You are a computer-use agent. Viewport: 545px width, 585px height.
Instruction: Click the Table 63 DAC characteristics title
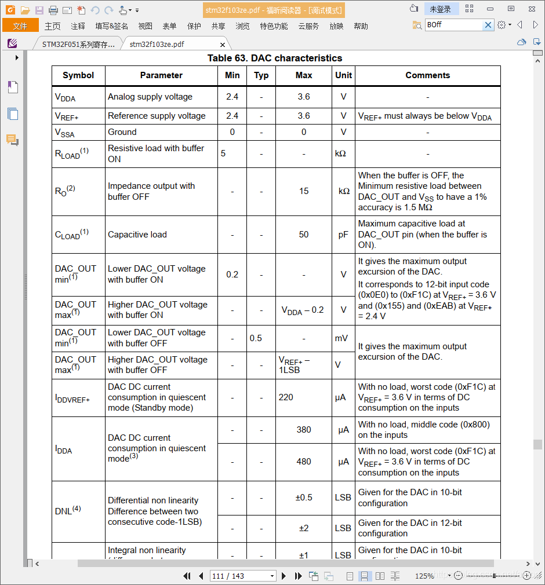coord(275,58)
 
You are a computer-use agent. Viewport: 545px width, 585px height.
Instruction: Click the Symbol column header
coord(78,75)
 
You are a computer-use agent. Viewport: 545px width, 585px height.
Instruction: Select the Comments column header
coord(427,75)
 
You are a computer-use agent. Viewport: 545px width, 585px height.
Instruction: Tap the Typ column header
coord(261,75)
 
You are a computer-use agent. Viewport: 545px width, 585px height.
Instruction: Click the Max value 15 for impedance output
coord(304,191)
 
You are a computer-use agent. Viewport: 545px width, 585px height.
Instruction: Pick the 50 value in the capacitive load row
coord(304,235)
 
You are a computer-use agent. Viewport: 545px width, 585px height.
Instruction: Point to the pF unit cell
coord(343,235)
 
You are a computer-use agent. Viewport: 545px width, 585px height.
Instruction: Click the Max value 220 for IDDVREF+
coord(286,397)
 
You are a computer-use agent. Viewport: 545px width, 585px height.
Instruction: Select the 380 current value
coord(304,430)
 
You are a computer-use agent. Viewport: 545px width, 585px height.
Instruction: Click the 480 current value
coord(304,462)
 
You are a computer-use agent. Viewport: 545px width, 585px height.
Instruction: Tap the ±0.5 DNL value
coord(304,498)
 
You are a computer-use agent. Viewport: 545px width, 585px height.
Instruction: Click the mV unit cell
coord(342,338)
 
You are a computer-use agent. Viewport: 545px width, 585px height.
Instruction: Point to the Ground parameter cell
coord(122,132)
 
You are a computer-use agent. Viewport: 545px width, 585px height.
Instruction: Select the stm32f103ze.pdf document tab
coord(157,44)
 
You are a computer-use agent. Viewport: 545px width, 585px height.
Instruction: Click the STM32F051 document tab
coord(78,44)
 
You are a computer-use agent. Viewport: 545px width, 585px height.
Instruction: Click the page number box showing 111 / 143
coord(242,576)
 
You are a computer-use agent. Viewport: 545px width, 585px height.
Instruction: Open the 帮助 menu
coord(361,26)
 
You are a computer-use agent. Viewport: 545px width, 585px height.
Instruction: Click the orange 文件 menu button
coord(20,26)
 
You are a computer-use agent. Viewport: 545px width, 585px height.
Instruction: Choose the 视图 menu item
coord(145,26)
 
